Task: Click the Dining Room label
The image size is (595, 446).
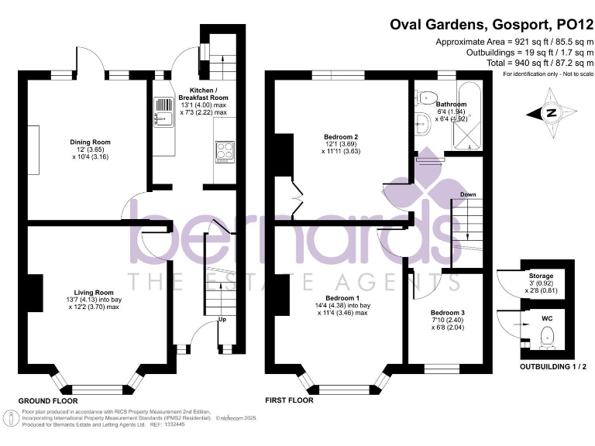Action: [91, 142]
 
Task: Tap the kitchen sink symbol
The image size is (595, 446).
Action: [164, 113]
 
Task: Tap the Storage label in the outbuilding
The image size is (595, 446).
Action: [541, 276]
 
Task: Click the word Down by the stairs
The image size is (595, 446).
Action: [467, 194]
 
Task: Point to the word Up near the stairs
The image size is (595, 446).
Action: [223, 319]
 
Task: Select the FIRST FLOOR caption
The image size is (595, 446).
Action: [289, 400]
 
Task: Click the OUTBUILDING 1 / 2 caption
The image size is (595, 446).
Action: [548, 365]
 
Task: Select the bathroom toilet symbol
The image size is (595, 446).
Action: [424, 98]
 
